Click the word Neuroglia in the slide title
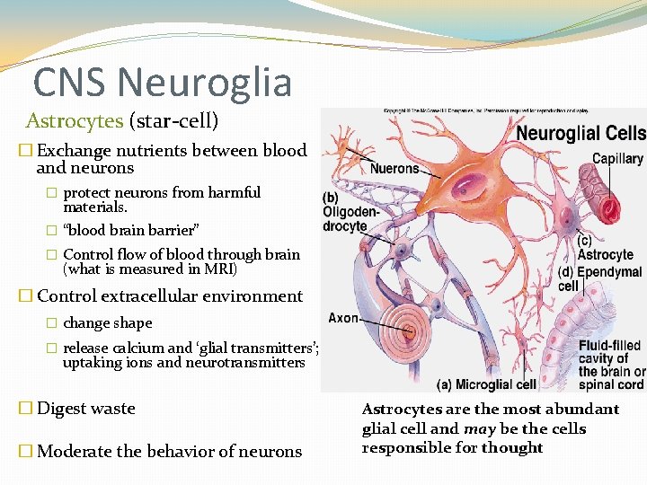pos(204,83)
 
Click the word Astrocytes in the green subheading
pos(75,120)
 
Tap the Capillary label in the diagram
pos(617,159)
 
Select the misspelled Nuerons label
pos(394,168)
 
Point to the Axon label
pos(343,318)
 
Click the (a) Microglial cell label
pos(486,384)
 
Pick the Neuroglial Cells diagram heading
pos(581,133)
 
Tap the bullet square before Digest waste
pos(25,409)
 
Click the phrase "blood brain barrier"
pos(131,230)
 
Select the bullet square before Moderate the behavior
pos(25,451)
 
